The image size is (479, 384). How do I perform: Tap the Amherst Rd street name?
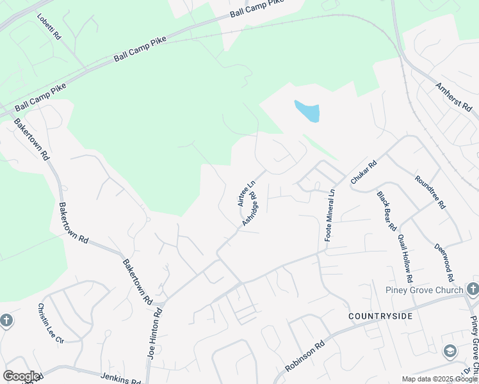tap(453, 98)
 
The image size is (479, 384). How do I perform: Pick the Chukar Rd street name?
tap(363, 173)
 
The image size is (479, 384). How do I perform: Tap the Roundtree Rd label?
tap(430, 192)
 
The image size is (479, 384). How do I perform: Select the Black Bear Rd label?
tap(387, 211)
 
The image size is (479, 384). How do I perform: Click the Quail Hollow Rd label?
tap(405, 257)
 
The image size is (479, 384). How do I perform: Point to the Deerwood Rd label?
tap(444, 262)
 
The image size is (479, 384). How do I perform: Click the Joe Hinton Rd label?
tap(154, 332)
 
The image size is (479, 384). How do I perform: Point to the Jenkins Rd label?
tap(120, 378)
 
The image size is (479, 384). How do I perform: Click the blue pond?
tap(307, 111)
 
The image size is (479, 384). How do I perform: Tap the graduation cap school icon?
tap(450, 351)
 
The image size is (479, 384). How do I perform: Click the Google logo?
tap(20, 376)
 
